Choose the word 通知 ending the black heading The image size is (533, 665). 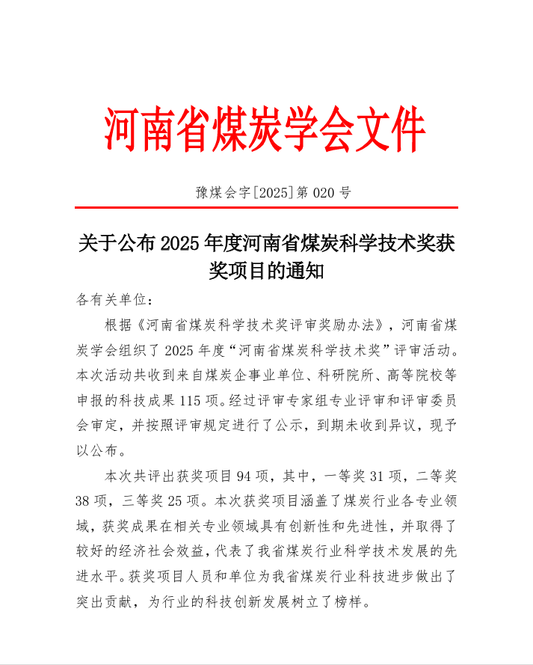click(x=304, y=270)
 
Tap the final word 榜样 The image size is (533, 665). click(x=353, y=602)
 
